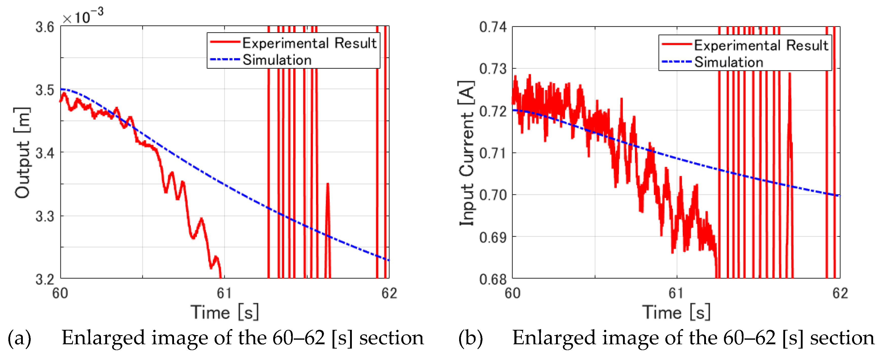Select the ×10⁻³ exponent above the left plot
click(82, 16)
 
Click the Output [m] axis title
click(23, 153)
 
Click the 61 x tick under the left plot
click(224, 294)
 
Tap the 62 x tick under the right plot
click(840, 294)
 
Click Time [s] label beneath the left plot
click(224, 312)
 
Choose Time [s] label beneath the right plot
click(676, 312)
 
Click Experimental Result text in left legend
click(309, 43)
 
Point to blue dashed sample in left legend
click(224, 60)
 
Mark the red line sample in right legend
click(677, 44)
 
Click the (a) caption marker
click(20, 338)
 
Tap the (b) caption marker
click(471, 338)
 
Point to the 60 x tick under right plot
click(513, 294)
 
